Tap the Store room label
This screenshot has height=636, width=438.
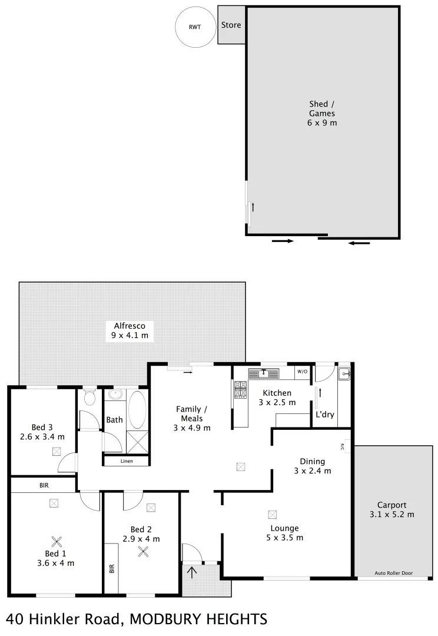coord(231,25)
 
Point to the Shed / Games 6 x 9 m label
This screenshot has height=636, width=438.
coord(322,114)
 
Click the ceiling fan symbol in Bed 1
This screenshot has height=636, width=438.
coord(56,541)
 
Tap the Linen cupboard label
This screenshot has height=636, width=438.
coord(126,461)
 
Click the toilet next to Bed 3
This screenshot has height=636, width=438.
coord(89,398)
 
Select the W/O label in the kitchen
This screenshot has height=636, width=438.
coord(302,372)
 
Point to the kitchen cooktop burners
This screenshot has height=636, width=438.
coord(240,390)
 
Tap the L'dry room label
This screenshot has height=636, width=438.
coord(324,415)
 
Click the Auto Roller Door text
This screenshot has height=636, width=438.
coord(393,572)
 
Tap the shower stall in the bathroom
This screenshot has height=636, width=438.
coord(138,440)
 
